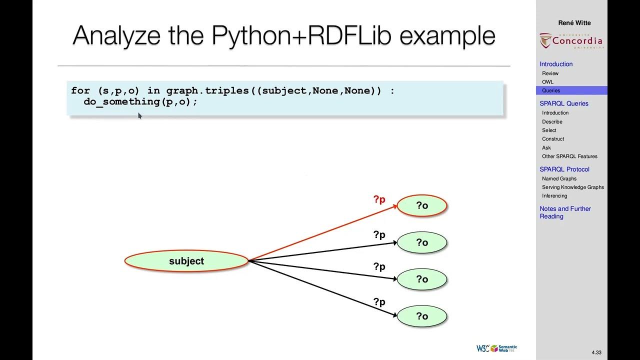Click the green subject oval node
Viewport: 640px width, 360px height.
pos(186,261)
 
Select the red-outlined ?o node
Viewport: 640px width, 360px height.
pos(421,205)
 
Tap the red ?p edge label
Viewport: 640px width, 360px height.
pos(379,199)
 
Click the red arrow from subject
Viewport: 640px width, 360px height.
pos(322,233)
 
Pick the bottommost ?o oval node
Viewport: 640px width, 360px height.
pos(421,316)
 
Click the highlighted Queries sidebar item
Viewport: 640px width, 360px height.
pos(551,90)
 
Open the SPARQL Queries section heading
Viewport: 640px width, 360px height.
pos(563,103)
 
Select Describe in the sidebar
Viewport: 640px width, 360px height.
pos(552,121)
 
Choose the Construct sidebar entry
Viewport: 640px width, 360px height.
pos(553,139)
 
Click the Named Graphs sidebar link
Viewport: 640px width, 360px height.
pos(559,178)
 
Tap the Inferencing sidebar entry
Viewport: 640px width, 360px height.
pos(554,196)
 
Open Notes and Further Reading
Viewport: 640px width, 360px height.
pos(564,212)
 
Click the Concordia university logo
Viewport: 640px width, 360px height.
pos(571,41)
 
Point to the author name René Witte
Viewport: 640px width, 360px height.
pos(574,22)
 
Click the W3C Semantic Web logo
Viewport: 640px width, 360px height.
pos(496,348)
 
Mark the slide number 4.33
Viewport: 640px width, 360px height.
pos(596,352)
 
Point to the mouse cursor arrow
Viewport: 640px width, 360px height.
pos(139,115)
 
